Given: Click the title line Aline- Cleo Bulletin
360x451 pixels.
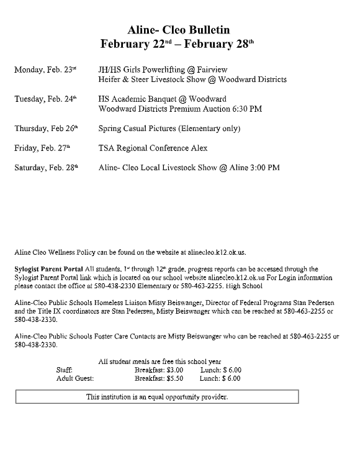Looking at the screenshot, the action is [179, 30].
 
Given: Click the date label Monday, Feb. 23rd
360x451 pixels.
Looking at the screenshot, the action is [45, 70].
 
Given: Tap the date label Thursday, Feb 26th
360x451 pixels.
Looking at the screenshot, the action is [46, 129].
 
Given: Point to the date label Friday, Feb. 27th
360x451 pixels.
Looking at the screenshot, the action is [42, 148].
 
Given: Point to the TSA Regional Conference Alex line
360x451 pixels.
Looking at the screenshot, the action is [153, 148].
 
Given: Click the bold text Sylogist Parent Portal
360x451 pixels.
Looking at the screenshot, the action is [48, 269].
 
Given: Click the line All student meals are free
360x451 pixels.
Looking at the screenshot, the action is [160, 362].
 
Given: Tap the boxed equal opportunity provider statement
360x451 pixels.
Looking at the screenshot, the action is [157, 396].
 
